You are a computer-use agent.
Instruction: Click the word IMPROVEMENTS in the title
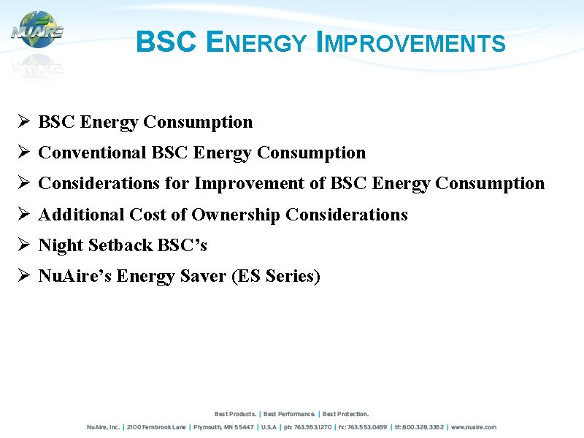(411, 43)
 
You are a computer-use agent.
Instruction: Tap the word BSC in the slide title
(166, 42)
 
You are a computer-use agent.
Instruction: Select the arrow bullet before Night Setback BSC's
(23, 245)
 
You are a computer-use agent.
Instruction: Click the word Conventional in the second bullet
(92, 153)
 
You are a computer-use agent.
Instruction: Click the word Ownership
(236, 215)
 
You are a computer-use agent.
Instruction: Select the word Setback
(119, 245)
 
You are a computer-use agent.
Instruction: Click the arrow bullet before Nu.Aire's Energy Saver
(23, 277)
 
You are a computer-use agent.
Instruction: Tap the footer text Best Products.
(235, 414)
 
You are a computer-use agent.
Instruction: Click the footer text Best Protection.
(346, 414)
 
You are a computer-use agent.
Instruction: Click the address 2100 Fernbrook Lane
(157, 427)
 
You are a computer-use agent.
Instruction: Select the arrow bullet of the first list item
(23, 122)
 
